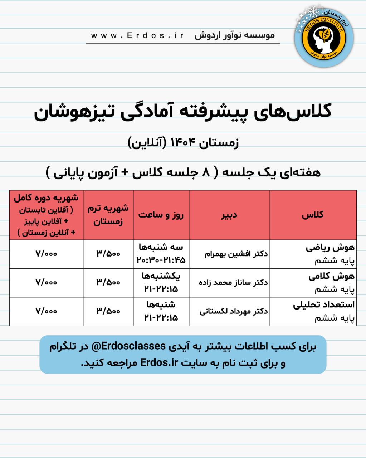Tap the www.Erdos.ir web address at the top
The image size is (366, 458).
click(x=137, y=35)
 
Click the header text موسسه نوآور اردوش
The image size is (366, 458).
click(x=234, y=35)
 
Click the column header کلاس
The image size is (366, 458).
click(x=312, y=215)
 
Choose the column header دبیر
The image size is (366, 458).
click(x=229, y=215)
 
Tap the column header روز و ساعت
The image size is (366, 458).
click(x=161, y=215)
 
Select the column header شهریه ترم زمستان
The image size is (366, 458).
click(x=108, y=215)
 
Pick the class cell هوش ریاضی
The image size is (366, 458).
click(x=330, y=248)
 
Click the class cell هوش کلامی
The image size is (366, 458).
click(x=331, y=276)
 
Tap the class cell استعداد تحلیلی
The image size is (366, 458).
click(x=323, y=305)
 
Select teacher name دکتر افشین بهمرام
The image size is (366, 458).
click(x=236, y=254)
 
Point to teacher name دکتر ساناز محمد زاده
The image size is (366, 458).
click(x=233, y=283)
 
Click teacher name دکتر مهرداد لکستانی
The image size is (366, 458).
click(x=234, y=311)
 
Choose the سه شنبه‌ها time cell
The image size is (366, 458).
click(x=161, y=254)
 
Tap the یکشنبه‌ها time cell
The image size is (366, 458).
click(x=161, y=282)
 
